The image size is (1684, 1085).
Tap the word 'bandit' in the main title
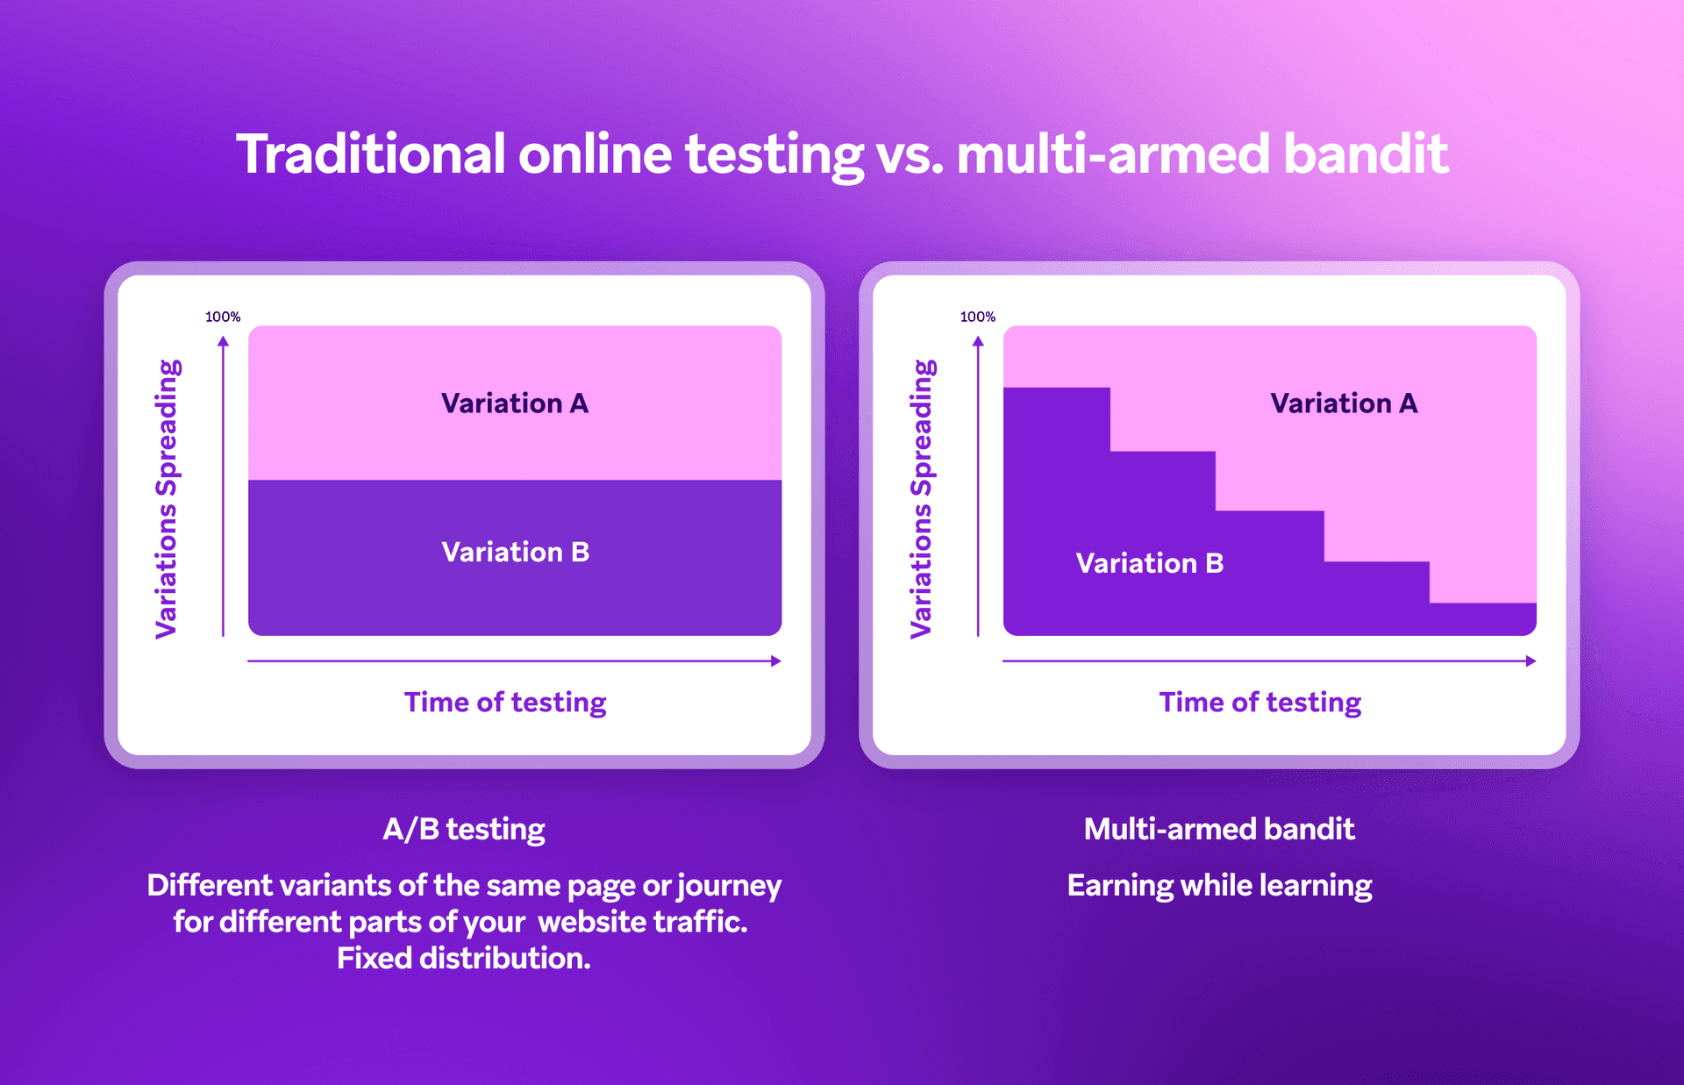point(1366,154)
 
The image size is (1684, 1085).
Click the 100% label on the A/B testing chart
point(223,317)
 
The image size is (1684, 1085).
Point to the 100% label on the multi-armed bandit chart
point(978,317)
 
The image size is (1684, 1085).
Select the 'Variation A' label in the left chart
point(515,403)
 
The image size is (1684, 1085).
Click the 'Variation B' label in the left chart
point(516,552)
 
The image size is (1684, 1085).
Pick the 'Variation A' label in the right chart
point(1344,403)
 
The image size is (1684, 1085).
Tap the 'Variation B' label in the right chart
point(1150,563)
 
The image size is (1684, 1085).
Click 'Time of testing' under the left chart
point(505,703)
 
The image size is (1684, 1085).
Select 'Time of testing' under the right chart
point(1260,703)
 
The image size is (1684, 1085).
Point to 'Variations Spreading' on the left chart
point(167,498)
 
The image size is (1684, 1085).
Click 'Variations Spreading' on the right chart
point(922,498)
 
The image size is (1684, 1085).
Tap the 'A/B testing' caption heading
point(464,829)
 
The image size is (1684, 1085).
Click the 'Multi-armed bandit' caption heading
point(1219,829)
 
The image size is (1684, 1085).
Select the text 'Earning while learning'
point(1219,886)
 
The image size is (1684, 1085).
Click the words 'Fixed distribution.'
point(464,959)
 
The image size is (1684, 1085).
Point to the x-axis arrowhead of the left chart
point(776,661)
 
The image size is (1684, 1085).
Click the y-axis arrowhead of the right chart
point(978,341)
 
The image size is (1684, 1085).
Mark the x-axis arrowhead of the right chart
point(1531,661)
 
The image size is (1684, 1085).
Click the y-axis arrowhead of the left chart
point(224,341)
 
